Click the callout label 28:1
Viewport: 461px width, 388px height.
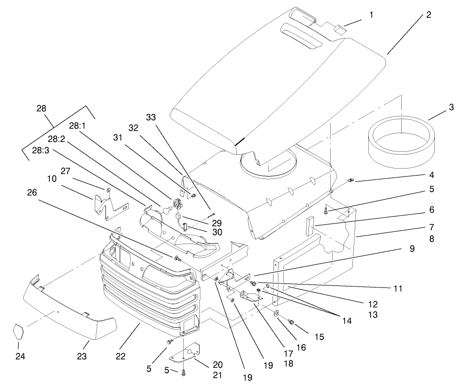click(x=77, y=125)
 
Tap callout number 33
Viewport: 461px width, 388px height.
click(x=151, y=117)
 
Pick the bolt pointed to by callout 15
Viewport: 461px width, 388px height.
click(x=291, y=322)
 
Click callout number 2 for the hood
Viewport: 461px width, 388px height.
click(x=428, y=15)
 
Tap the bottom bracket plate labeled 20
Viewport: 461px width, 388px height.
click(x=189, y=351)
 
